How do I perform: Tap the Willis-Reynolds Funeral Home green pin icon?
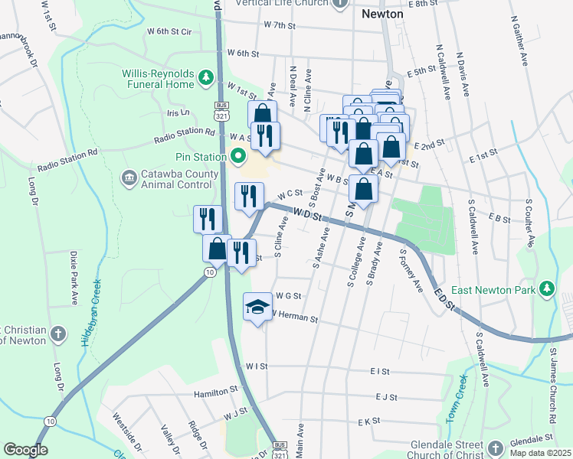[205, 77]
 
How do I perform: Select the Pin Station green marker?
[237, 158]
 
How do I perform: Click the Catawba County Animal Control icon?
[129, 178]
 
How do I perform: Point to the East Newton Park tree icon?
[546, 288]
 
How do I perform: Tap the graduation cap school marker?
[257, 308]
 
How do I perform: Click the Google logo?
[25, 450]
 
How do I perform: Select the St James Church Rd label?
[552, 387]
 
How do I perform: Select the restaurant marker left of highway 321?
[208, 220]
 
